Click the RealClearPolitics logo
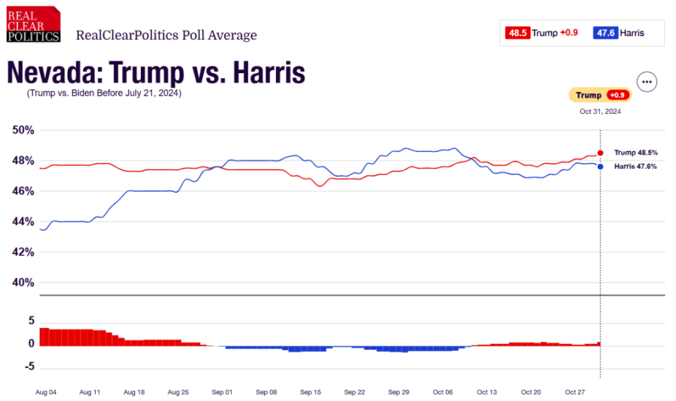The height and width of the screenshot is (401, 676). [33, 24]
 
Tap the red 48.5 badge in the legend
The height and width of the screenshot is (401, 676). [516, 32]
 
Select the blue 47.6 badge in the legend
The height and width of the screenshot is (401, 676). [606, 32]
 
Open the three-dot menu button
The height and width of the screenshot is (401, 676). [647, 82]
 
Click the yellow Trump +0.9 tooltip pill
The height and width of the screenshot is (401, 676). [600, 96]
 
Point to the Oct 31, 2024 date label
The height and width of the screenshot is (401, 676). [600, 111]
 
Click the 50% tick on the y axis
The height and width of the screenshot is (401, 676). [23, 130]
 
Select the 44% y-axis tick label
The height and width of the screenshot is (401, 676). [23, 222]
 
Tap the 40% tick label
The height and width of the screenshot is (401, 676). [23, 283]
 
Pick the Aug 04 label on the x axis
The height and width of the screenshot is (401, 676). [46, 391]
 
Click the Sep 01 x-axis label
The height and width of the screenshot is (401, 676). [223, 391]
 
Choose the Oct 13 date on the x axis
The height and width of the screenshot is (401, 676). [487, 391]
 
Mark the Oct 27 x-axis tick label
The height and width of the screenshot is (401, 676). [575, 391]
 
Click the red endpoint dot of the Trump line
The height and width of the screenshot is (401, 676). [600, 153]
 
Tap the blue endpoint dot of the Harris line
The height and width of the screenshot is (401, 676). [600, 167]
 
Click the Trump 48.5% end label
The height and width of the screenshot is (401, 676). [636, 153]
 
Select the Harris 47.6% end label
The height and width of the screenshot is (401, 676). [636, 167]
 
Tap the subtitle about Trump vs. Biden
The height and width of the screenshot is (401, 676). [104, 93]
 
